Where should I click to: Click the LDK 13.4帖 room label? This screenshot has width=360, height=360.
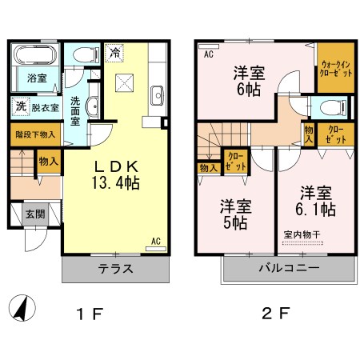118,174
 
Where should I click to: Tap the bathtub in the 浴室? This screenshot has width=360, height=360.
33,57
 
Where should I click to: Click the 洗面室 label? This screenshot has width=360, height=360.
74,106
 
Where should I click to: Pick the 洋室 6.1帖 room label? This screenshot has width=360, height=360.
317,201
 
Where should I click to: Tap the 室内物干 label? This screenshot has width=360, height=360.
301,234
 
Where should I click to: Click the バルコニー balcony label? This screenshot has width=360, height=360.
289,268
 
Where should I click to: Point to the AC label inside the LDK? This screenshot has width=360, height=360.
156,239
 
